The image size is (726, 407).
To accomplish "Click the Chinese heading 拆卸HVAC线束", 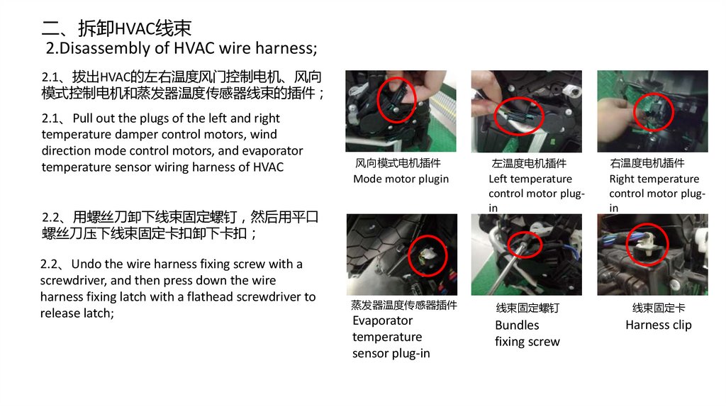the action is (134, 28).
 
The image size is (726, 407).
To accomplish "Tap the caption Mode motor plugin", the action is (401, 179).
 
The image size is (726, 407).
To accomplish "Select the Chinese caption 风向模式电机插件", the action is (398, 163).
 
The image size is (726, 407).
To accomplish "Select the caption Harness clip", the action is (659, 325).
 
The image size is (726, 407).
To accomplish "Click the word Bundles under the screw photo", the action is (517, 325).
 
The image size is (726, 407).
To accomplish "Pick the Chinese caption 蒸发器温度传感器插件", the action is (403, 305).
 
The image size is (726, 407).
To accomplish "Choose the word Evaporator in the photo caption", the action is (382, 321).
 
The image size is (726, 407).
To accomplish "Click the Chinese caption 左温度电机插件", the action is (529, 164).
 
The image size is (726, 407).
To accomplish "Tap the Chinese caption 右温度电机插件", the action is (647, 163).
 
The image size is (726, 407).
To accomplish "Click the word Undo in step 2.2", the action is (86, 264).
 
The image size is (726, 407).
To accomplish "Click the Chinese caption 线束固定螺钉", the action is (527, 308).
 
